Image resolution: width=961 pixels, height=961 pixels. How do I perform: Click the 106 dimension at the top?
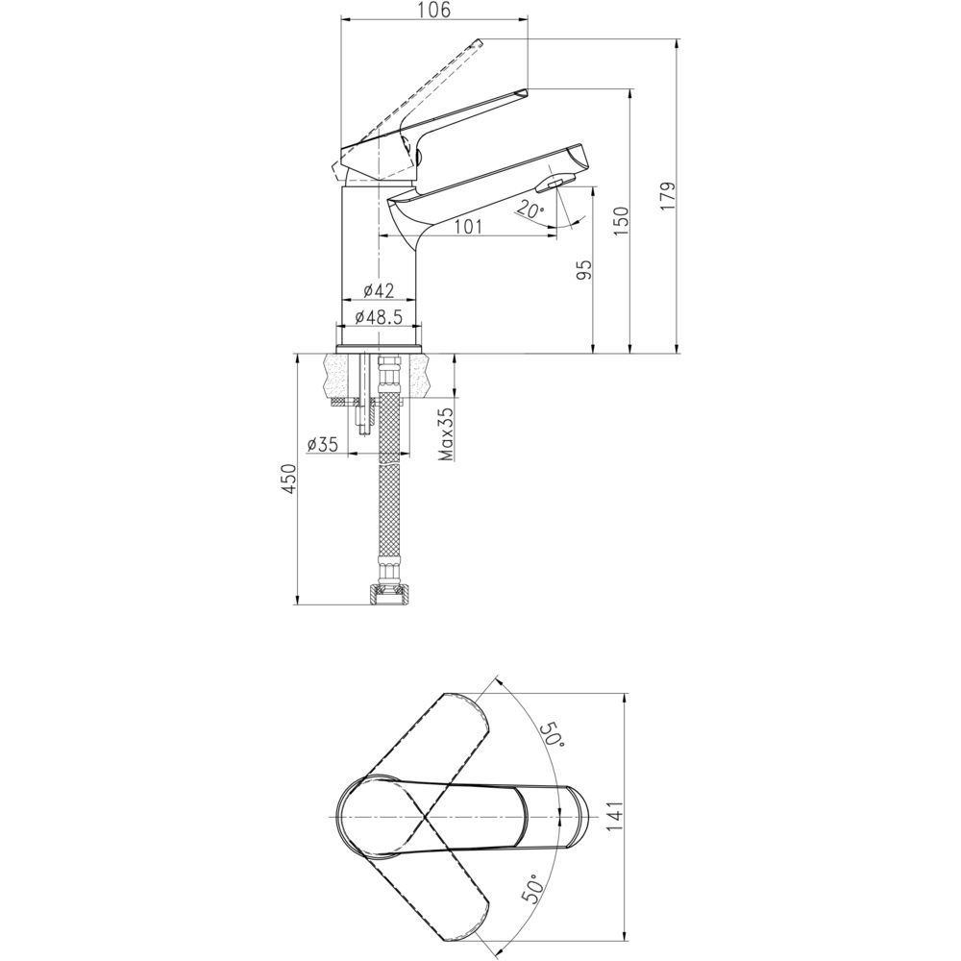pos(435,11)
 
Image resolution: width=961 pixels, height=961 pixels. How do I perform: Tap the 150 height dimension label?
pos(621,221)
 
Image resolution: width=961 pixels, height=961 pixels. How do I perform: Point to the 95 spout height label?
pos(584,270)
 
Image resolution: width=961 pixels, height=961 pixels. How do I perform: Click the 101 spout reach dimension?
pos(468,227)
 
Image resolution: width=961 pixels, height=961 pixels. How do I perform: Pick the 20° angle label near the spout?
pos(530,209)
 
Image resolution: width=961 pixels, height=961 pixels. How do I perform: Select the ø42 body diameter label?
pos(378,290)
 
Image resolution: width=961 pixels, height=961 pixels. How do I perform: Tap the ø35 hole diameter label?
pos(322,444)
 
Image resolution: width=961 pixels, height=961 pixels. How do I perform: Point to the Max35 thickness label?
pos(446,434)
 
